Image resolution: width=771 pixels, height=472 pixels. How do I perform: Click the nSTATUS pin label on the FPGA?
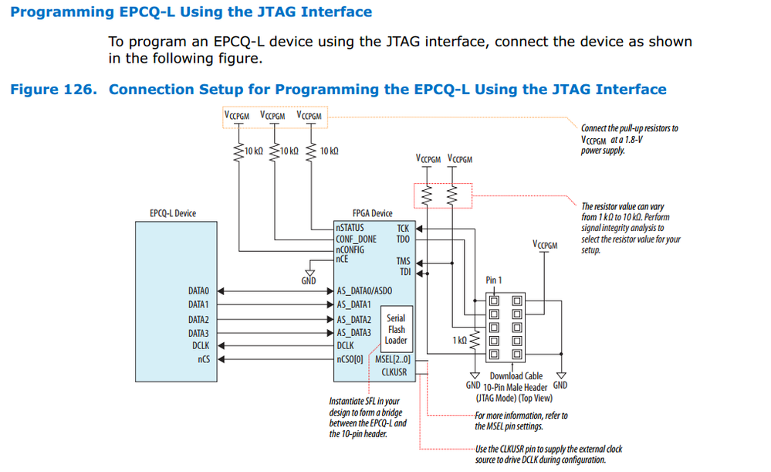tap(350, 228)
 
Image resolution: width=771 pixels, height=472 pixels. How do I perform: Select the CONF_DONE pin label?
tap(356, 239)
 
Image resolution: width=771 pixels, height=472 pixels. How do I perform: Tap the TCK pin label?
tap(403, 229)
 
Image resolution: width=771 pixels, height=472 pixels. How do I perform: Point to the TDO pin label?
tap(403, 239)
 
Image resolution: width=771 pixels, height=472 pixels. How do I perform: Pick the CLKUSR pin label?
tap(394, 372)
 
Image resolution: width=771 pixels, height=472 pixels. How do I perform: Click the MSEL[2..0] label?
tap(393, 360)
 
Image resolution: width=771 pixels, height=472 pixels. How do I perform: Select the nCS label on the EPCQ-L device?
tap(204, 359)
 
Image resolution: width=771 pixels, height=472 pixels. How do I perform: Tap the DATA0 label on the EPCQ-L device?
tap(198, 291)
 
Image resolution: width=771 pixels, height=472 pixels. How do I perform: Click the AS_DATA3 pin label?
tap(354, 333)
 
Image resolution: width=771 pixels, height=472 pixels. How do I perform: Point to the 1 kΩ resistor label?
tap(459, 340)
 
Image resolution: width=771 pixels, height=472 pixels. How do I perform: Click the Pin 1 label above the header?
tap(494, 280)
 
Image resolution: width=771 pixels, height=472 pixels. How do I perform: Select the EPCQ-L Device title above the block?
tap(173, 214)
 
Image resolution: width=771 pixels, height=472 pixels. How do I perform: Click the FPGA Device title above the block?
tap(372, 214)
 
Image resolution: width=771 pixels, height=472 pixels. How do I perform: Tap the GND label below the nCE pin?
tap(309, 281)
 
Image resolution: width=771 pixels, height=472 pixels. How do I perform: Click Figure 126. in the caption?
tap(53, 90)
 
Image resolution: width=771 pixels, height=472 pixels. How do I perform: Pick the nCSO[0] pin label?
tap(350, 360)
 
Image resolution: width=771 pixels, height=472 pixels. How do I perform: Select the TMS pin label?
tap(403, 261)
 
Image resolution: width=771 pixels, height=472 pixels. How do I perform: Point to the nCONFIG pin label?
tap(350, 250)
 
